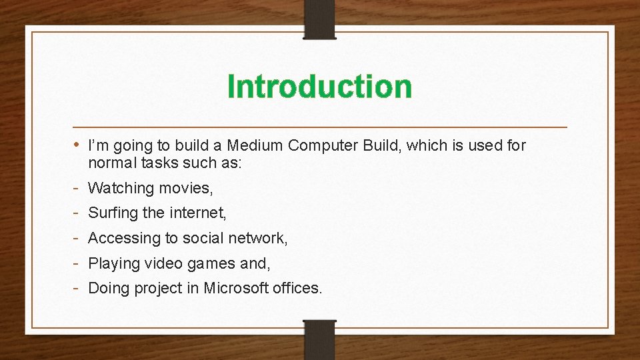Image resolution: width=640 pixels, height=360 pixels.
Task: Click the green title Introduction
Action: tap(319, 87)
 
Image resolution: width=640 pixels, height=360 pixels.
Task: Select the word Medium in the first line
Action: tap(252, 145)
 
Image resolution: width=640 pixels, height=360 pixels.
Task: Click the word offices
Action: tap(295, 288)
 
